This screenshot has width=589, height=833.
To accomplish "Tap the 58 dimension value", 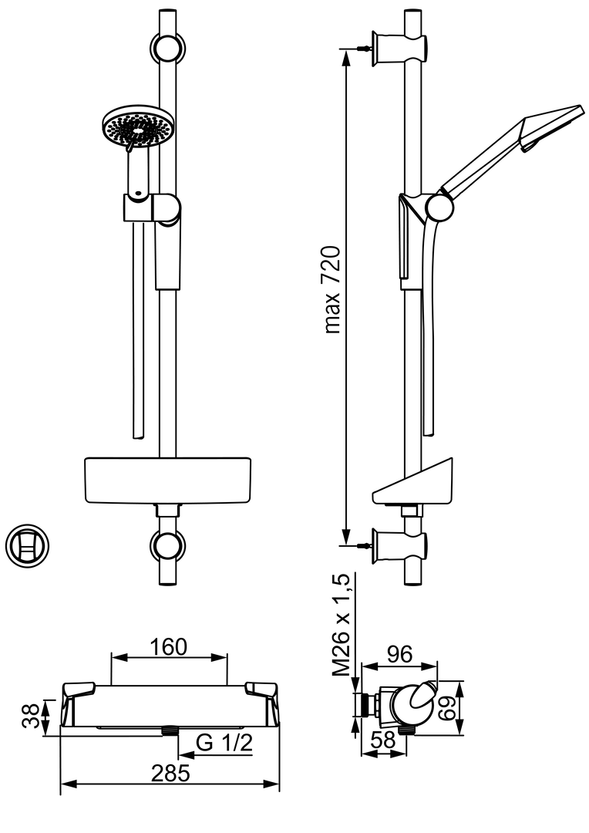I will tap(382, 739).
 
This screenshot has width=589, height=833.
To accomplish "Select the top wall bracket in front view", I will tap(167, 48).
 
